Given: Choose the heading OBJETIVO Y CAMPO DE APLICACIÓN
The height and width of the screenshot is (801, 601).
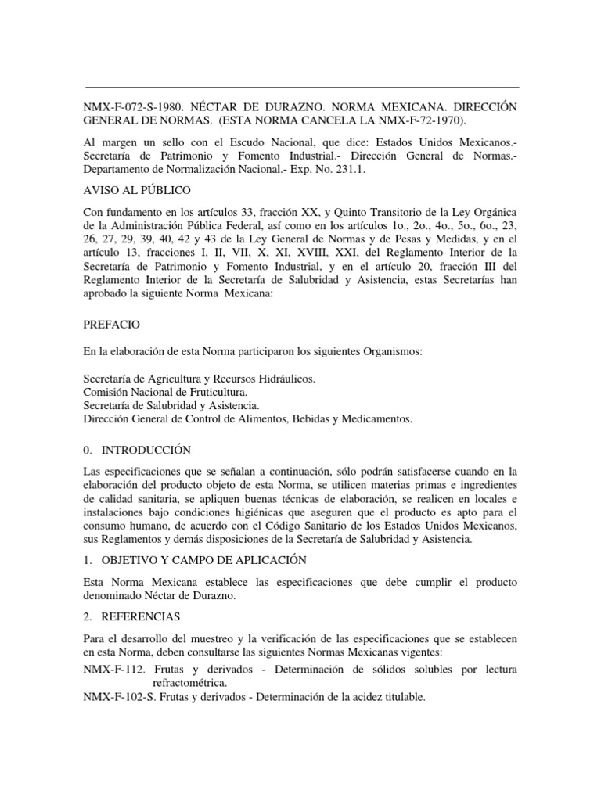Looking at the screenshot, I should pyautogui.click(x=197, y=560).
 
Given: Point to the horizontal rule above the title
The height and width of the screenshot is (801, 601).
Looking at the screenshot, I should pyautogui.click(x=301, y=87).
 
